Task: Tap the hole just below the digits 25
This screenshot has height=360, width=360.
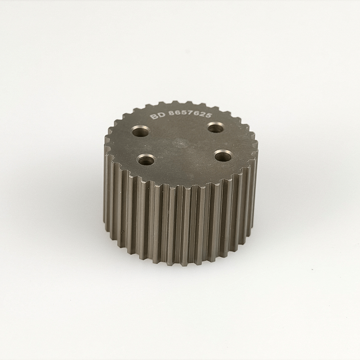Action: (x=216, y=127)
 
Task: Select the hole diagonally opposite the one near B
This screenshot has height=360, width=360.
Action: (x=223, y=156)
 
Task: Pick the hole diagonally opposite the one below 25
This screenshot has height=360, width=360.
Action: (x=147, y=160)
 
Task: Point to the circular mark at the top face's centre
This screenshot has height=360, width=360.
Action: (x=181, y=143)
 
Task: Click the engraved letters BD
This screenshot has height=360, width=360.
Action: (x=157, y=115)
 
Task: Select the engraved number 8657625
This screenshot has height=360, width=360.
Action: (x=189, y=114)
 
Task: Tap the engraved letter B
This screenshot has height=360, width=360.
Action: (x=153, y=116)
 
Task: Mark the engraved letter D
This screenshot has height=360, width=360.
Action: (x=162, y=115)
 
